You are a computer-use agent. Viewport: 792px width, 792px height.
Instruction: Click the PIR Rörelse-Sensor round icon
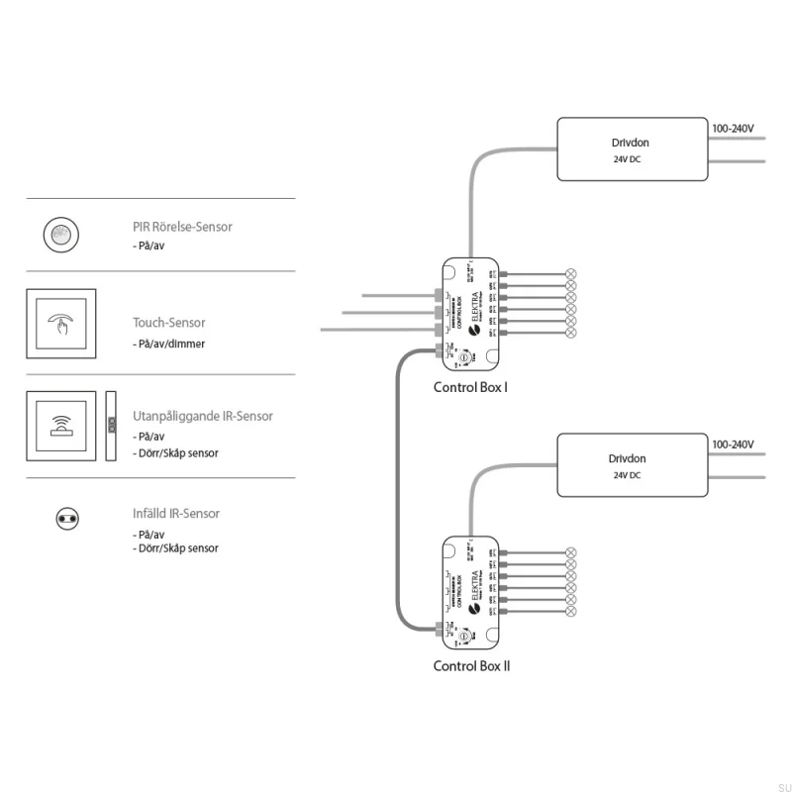(x=60, y=235)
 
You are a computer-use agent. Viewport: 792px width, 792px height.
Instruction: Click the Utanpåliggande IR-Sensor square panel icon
(x=61, y=426)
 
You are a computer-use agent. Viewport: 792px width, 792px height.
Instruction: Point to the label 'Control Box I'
(x=470, y=387)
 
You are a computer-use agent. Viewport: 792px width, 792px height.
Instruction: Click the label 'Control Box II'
(x=471, y=666)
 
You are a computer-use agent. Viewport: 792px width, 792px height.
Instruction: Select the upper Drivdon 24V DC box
(x=632, y=149)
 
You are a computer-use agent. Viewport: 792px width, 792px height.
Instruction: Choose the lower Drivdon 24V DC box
(x=632, y=465)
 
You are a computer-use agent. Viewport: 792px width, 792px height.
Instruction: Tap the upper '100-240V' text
(x=734, y=130)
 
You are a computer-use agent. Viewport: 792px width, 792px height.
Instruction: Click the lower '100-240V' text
(x=734, y=445)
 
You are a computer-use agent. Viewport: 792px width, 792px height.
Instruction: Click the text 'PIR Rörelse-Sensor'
(x=183, y=227)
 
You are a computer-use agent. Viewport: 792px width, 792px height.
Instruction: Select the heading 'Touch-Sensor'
(x=169, y=323)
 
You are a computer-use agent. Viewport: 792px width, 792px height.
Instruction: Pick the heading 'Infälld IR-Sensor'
(x=176, y=514)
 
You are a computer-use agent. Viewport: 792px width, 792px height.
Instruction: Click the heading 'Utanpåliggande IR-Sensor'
(x=203, y=417)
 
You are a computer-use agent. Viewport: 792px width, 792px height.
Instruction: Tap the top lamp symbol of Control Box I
(x=570, y=273)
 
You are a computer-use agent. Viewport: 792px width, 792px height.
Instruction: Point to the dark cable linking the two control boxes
(x=399, y=495)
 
